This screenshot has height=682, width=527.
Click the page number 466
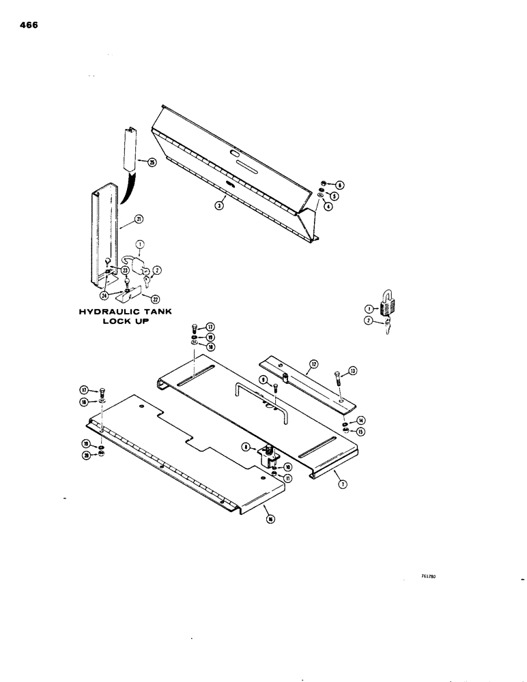click(28, 25)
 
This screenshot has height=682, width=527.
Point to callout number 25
click(143, 162)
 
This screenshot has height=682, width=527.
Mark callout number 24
click(104, 295)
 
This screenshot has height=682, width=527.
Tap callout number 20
click(87, 456)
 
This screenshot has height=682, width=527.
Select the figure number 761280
click(429, 576)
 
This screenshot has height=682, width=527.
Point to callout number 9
click(263, 379)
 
